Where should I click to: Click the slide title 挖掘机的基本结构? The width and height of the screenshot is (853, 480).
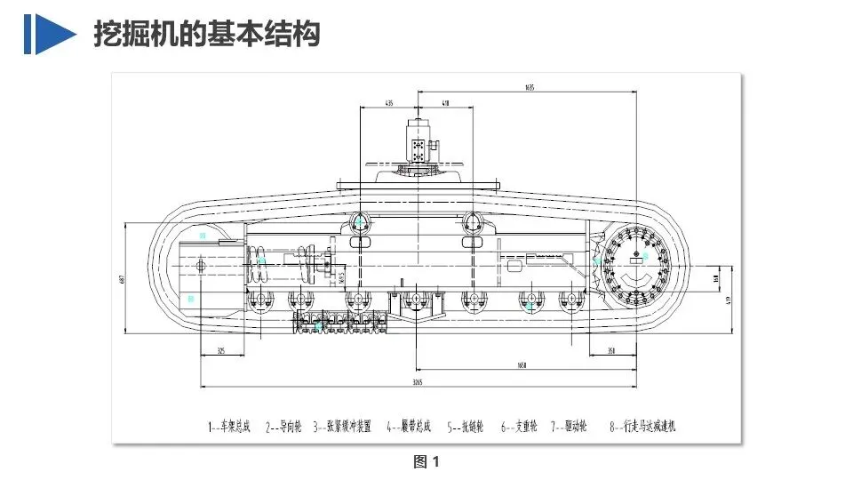coord(206,35)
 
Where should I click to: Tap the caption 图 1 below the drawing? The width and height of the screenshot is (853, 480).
coord(426,461)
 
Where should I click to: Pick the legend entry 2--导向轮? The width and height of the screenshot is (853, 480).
coord(283,427)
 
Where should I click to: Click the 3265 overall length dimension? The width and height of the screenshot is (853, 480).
coord(417,382)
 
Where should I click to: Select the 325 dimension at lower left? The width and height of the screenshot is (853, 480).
coord(220,351)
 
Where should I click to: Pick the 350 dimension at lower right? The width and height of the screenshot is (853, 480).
coord(611,351)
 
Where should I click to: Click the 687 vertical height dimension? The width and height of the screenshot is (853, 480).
coord(121,280)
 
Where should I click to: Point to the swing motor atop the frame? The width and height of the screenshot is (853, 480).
coord(418,142)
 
